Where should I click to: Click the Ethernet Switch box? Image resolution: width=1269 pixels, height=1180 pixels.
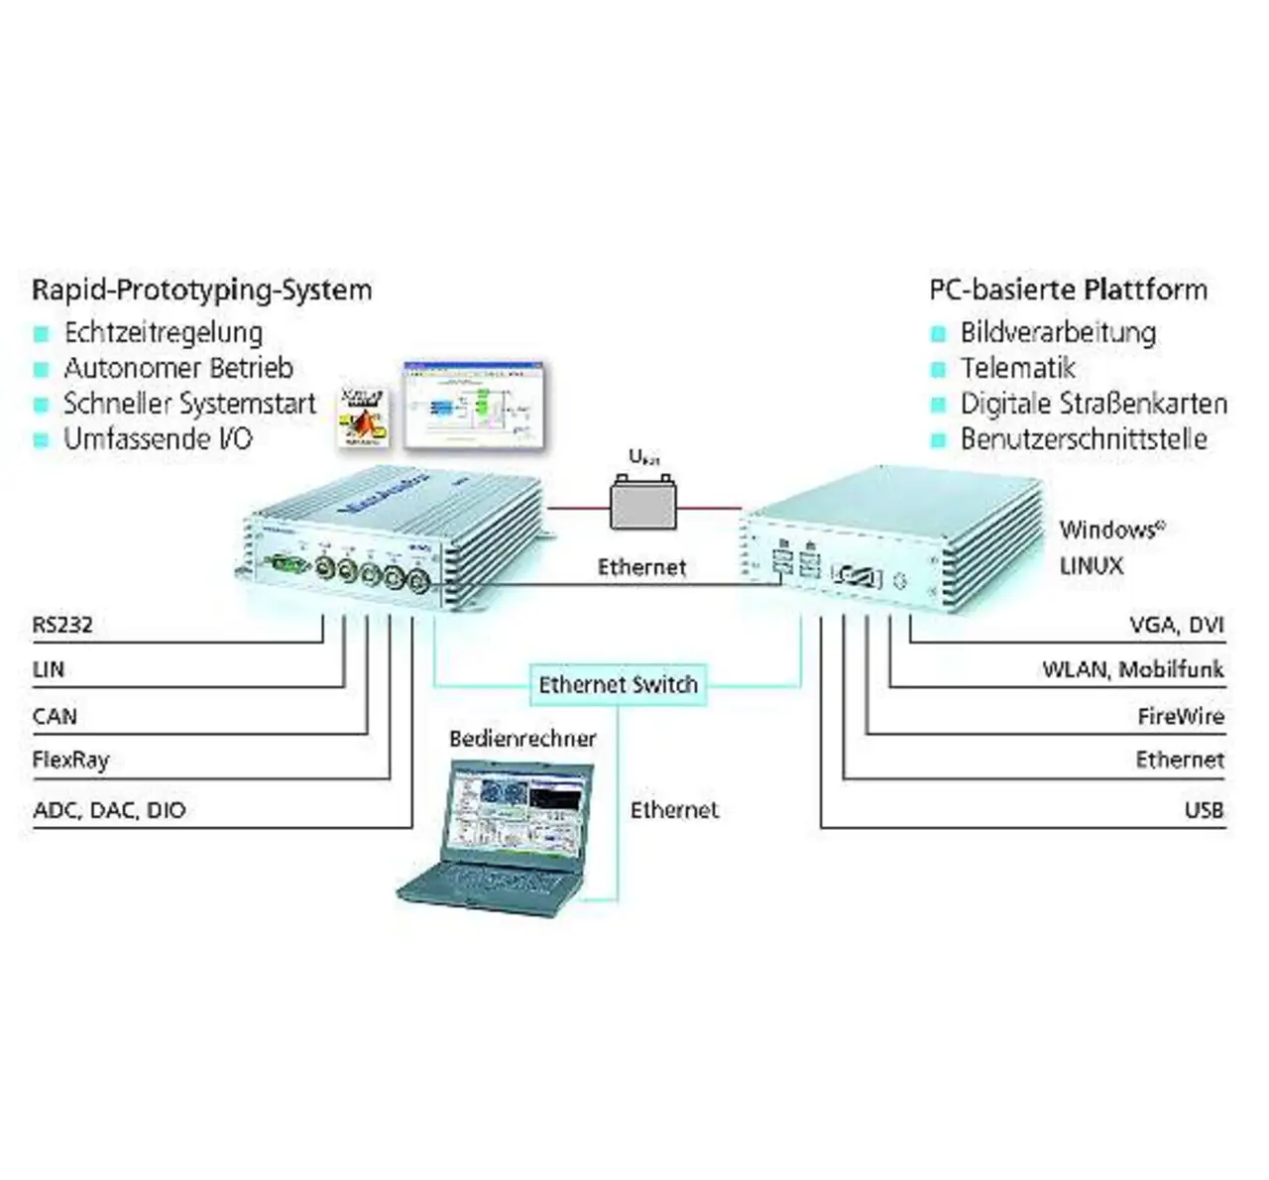[618, 684]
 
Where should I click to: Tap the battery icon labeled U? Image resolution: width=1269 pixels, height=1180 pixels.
[642, 504]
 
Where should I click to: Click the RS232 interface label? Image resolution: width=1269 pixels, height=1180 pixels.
[62, 625]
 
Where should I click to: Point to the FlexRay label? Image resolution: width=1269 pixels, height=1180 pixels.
[70, 761]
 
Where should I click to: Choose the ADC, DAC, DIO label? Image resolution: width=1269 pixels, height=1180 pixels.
[109, 810]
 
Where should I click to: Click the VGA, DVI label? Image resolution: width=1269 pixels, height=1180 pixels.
[1177, 625]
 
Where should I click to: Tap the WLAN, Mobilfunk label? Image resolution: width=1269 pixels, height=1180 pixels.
[1132, 669]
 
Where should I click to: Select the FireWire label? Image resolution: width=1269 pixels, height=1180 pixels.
[1181, 716]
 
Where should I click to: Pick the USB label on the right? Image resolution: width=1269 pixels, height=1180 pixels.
[1204, 810]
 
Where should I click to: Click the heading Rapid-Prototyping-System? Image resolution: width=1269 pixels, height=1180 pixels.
[202, 291]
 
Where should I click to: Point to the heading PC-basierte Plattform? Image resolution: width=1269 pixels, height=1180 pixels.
[1068, 291]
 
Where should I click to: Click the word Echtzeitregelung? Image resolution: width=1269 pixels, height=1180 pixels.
[164, 332]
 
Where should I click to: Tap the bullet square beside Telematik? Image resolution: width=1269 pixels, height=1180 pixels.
[938, 370]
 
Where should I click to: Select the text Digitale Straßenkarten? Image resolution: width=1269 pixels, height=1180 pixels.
[1094, 404]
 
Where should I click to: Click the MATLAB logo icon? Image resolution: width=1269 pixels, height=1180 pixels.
[363, 417]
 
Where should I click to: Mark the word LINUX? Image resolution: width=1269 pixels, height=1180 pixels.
[1092, 566]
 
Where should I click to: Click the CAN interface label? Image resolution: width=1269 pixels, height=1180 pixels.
[55, 716]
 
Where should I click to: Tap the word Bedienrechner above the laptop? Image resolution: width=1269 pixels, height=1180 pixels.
[522, 739]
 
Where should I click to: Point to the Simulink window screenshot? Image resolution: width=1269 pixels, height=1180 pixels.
[475, 405]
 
